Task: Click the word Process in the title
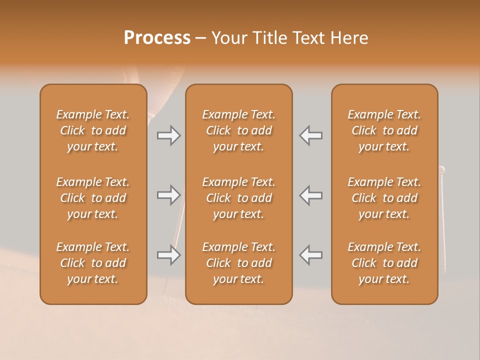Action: coord(157,38)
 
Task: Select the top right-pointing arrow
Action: coord(168,135)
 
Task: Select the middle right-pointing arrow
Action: coord(168,195)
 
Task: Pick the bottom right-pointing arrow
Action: coord(168,255)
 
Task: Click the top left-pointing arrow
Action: coord(310,135)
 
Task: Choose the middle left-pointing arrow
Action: coord(310,195)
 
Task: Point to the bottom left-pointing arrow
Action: coord(310,255)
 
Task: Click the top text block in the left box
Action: coord(93,130)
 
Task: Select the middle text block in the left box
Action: coord(93,198)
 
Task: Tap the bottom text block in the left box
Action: coord(93,263)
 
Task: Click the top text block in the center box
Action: coord(238,130)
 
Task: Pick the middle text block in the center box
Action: coord(238,198)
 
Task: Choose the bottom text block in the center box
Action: coord(238,263)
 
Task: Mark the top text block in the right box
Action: coord(384,130)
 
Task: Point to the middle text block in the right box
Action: coord(384,198)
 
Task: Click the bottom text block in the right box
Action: coord(384,263)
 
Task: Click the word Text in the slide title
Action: coord(309,38)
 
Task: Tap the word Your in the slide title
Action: coord(229,38)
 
